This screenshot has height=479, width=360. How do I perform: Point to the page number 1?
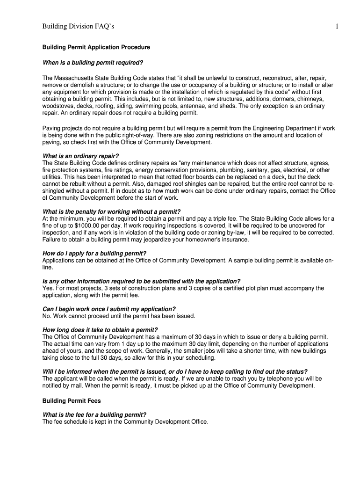click(x=337, y=27)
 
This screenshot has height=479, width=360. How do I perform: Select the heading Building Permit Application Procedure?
click(x=96, y=48)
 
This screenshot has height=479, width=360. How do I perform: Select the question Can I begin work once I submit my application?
click(x=109, y=309)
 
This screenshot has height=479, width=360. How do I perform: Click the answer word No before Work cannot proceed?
click(x=47, y=316)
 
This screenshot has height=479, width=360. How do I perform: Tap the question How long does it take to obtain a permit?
click(x=100, y=330)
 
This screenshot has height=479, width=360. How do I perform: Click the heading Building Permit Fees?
click(x=72, y=401)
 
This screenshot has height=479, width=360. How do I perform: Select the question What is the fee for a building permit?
click(x=94, y=414)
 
